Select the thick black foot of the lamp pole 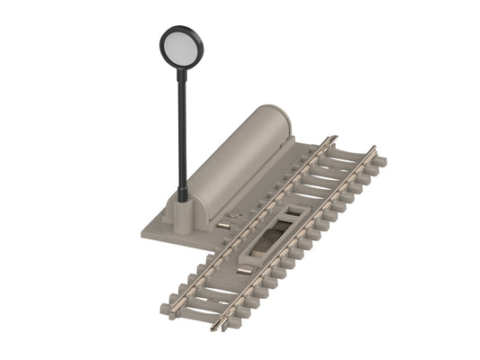(x=183, y=191)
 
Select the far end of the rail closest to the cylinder (x=333, y=139)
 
